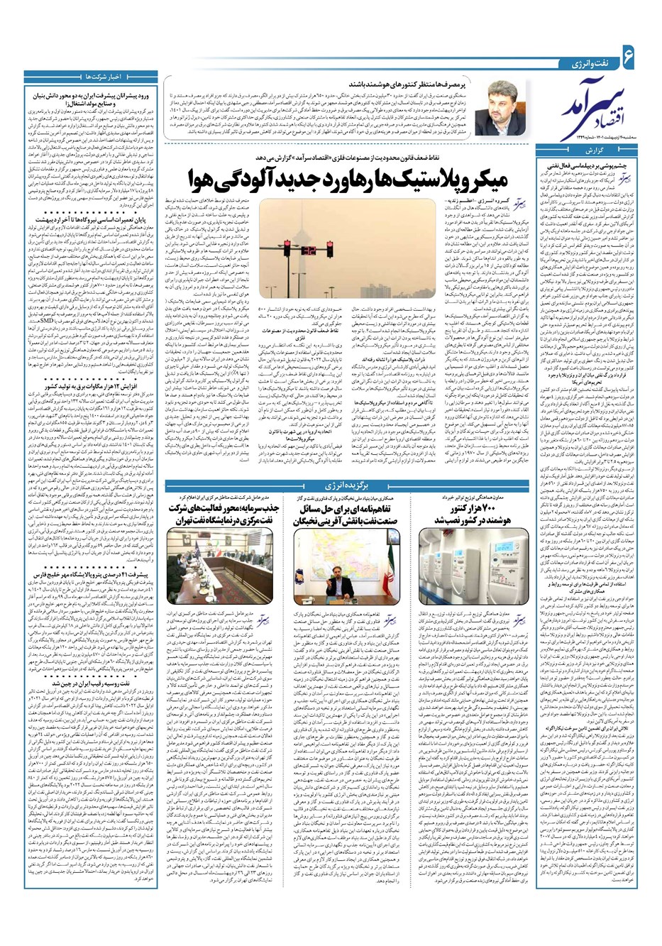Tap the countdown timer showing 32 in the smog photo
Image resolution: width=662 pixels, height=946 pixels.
309,250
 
